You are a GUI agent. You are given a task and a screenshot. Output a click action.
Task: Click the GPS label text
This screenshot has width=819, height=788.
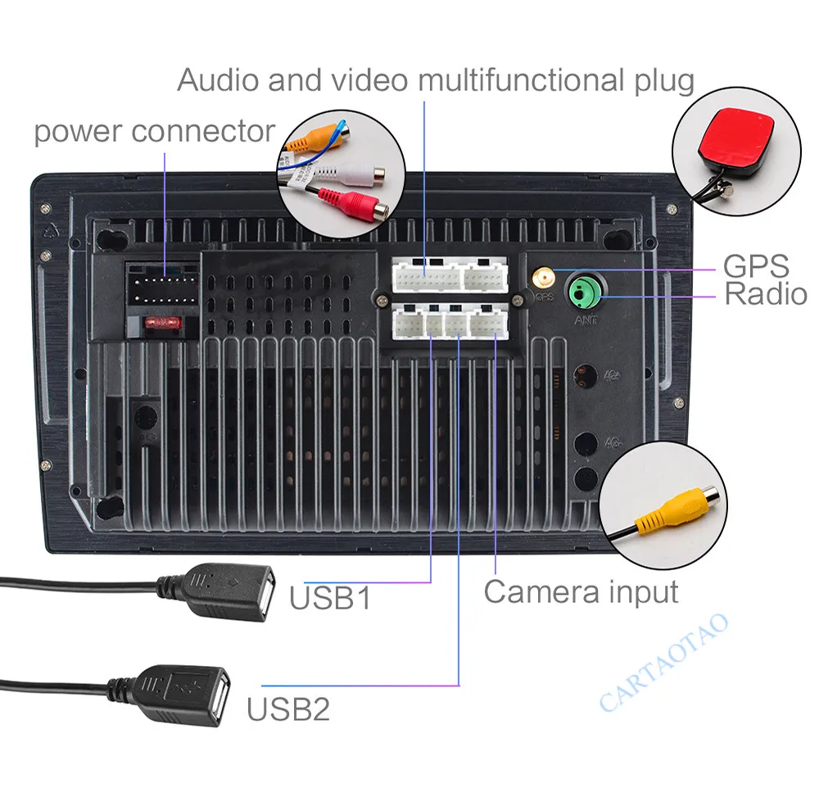(x=755, y=266)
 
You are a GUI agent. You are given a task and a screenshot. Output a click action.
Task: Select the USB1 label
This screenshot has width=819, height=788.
(x=330, y=597)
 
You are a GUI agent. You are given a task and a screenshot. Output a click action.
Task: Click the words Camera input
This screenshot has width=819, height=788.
(x=581, y=591)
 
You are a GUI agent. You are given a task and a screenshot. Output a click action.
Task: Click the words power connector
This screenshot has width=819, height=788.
(x=154, y=131)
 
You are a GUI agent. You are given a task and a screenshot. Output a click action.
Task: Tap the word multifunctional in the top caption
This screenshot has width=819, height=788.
(x=517, y=80)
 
